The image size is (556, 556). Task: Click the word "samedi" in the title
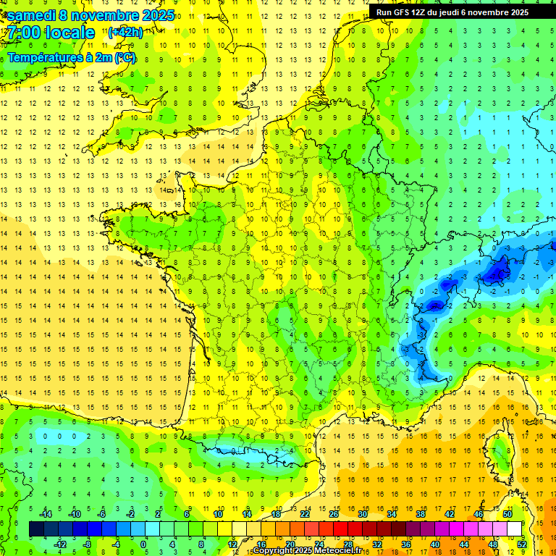31,15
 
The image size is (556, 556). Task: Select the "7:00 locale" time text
51,33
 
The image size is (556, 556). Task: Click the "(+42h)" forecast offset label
125,33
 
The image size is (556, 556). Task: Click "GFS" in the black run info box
405,12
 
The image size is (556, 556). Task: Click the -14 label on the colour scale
46,513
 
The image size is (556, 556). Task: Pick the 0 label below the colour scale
143,544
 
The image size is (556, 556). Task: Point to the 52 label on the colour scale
521,544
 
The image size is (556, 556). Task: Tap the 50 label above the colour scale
507,513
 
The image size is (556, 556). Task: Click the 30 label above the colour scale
362,513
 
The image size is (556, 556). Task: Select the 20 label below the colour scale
290,544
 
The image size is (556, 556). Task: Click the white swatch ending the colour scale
515,529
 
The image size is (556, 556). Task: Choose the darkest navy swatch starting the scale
36,529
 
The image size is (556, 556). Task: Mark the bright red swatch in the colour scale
340,529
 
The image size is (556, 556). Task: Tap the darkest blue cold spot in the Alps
497,273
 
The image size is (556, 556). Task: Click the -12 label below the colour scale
62,544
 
